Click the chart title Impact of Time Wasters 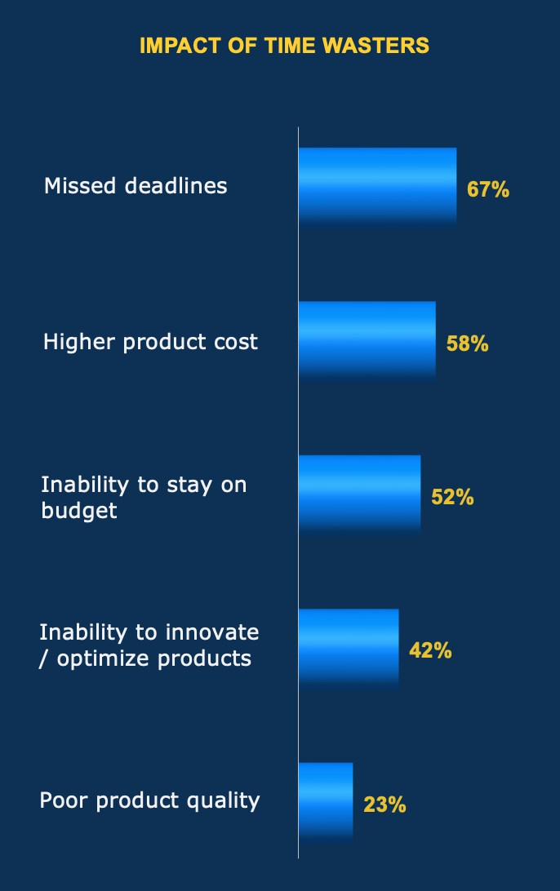(284, 46)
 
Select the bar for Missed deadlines (377, 185)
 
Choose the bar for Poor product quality (326, 800)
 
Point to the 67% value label (488, 190)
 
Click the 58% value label (467, 344)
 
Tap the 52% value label (452, 497)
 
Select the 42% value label (430, 651)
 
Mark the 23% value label (384, 805)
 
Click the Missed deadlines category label (136, 186)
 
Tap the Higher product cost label (150, 341)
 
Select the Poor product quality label (149, 800)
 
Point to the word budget (79, 511)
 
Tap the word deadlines (176, 186)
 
